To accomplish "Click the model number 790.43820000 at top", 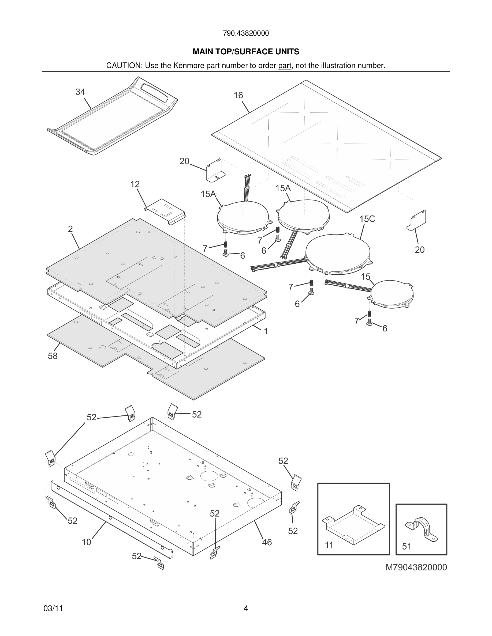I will [246, 33].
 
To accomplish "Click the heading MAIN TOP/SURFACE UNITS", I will [246, 52].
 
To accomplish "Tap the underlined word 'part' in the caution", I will [285, 66].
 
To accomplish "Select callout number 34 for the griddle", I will [80, 92].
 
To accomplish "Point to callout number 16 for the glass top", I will [238, 95].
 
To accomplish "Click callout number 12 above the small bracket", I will [135, 184].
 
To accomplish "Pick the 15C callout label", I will [367, 219].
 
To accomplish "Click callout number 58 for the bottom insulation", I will [53, 356].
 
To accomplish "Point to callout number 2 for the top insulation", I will [70, 229].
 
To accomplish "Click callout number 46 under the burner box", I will [267, 542].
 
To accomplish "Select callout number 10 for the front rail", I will [86, 542].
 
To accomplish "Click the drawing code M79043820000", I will [416, 567].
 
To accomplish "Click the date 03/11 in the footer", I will [53, 608].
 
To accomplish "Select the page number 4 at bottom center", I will [246, 608].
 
